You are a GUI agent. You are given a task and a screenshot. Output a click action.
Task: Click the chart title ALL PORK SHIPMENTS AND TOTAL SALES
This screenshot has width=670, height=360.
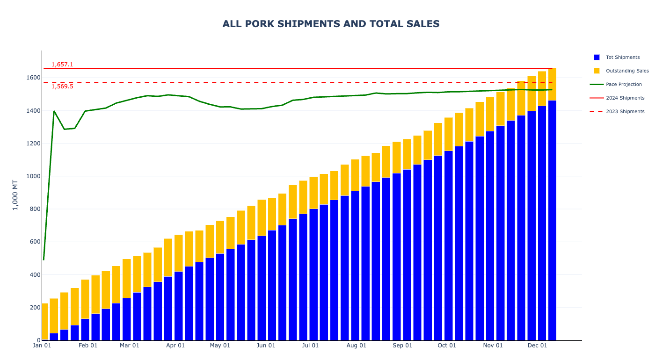click(x=331, y=24)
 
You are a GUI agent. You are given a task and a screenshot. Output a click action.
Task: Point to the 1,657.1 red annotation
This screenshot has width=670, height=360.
click(x=62, y=65)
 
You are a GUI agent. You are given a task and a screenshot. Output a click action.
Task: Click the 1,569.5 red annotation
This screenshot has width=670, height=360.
click(x=62, y=86)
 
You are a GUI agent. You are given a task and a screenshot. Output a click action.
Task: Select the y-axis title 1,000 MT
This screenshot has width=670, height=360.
click(x=15, y=195)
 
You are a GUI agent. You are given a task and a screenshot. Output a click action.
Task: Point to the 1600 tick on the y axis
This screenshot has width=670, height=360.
click(x=33, y=78)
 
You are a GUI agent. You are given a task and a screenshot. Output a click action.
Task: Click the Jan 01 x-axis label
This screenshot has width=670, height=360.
click(x=42, y=346)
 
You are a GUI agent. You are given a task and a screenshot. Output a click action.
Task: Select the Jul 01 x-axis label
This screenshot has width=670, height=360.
click(x=310, y=346)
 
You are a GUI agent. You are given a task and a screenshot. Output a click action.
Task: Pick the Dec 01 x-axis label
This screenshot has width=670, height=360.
click(x=537, y=346)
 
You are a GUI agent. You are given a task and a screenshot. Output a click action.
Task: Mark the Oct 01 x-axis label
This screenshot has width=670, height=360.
click(x=447, y=346)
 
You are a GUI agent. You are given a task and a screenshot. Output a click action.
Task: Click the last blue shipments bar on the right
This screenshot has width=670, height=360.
click(x=552, y=220)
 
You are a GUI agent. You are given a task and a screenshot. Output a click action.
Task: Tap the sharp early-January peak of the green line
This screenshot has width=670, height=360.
click(x=54, y=111)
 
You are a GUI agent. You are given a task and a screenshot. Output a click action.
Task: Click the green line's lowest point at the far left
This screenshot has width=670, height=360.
click(x=44, y=259)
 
